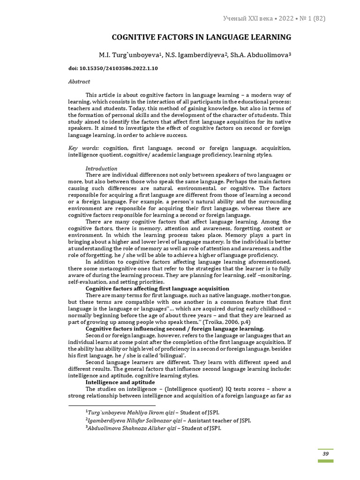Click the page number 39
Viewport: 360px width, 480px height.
[x=325, y=453]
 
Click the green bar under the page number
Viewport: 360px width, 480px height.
[x=325, y=461]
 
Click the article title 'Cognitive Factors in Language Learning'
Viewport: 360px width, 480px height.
[x=201, y=37]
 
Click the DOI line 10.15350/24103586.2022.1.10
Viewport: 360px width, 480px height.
[x=113, y=68]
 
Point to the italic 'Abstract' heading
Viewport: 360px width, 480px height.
[x=79, y=81]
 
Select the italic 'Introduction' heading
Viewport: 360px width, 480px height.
[x=101, y=168]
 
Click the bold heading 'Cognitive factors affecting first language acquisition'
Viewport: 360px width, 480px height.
[x=157, y=289]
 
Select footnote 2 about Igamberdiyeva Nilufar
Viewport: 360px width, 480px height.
[x=168, y=420]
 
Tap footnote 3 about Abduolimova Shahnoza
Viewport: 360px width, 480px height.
[x=153, y=428]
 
